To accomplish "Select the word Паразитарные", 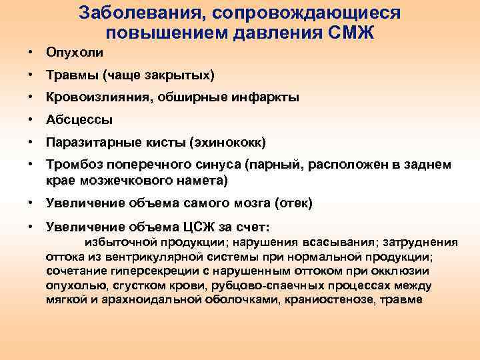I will tap(94, 142).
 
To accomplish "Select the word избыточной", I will tap(119, 242).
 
